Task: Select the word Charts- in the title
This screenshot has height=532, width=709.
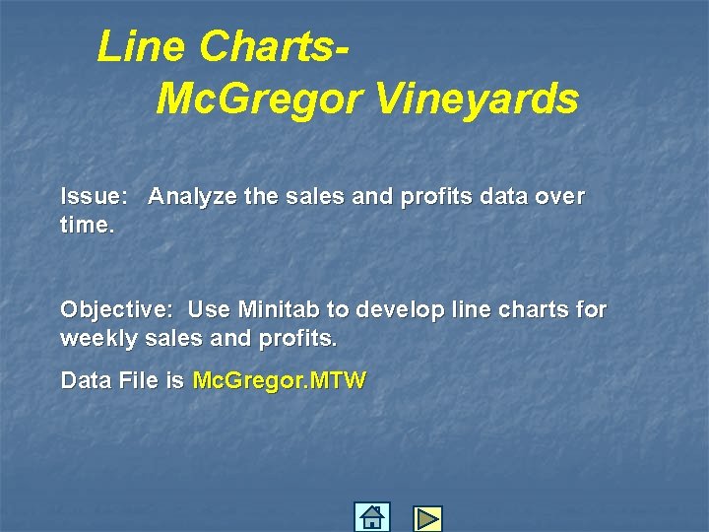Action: click(275, 46)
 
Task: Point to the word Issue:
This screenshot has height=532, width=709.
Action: click(94, 197)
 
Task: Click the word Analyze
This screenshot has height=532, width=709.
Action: click(192, 197)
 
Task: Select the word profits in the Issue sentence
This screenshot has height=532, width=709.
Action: click(436, 197)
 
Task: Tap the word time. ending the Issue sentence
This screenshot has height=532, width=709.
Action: click(88, 226)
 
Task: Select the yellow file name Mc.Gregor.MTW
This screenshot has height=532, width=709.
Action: click(279, 381)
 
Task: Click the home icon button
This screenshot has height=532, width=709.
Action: click(371, 517)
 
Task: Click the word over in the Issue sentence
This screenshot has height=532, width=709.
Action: click(560, 197)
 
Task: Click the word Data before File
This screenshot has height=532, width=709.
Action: click(84, 381)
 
